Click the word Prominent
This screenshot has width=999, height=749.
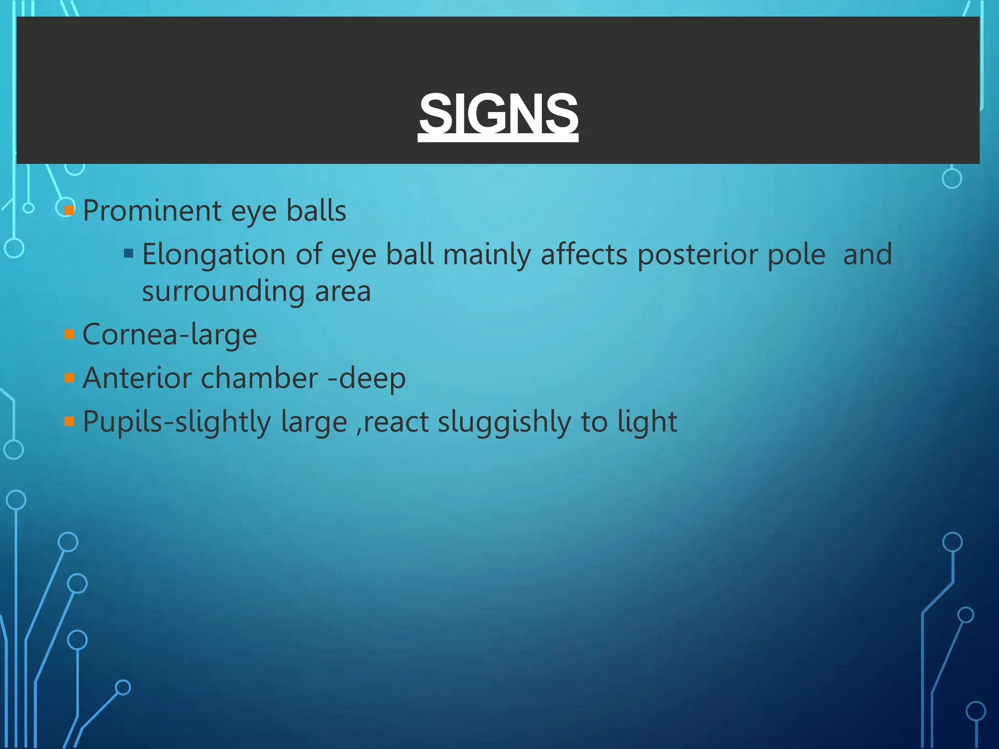tap(152, 211)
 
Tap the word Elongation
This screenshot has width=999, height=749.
tap(214, 255)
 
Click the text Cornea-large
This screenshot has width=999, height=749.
tap(169, 335)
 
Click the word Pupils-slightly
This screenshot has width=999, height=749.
tap(177, 422)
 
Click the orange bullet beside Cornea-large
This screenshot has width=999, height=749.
tap(69, 335)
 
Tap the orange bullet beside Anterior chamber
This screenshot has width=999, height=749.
tap(69, 378)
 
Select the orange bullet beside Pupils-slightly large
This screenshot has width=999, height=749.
tap(69, 421)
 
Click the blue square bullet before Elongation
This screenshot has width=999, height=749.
tap(129, 253)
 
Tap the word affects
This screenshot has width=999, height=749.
tap(584, 255)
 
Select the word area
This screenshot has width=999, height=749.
tap(342, 292)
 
